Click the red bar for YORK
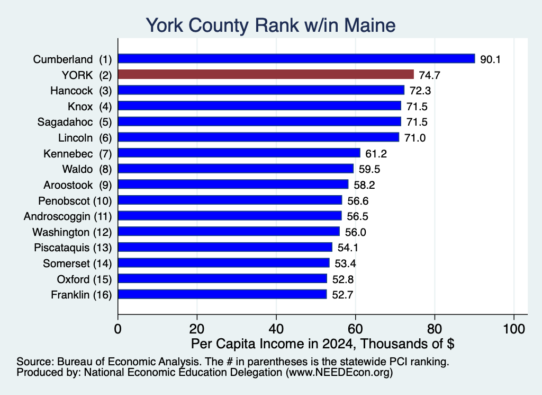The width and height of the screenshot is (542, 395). coord(266,74)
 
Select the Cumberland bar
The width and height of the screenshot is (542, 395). coord(296,59)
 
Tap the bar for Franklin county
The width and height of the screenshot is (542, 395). coord(222,294)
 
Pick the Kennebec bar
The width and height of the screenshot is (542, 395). coord(239,153)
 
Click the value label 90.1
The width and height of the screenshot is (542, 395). coord(490,59)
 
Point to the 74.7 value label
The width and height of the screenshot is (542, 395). coord(429,75)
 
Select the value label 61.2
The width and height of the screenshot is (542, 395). coord(376,154)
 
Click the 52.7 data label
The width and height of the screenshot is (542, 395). coord(342,295)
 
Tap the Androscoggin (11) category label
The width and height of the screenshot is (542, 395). coord(68,217)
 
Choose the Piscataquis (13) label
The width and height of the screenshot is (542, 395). coord(73,248)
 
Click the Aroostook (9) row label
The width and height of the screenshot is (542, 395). coord(78,185)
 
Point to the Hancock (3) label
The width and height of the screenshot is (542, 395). coord(81,91)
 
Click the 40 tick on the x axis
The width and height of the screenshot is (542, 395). coord(276,329)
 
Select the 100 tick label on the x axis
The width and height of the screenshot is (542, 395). coord(514,329)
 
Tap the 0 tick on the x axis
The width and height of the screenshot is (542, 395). coord(118,329)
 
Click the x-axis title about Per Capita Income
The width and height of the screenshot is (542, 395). coord(322,344)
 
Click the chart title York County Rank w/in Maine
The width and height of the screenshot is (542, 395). coord(270,25)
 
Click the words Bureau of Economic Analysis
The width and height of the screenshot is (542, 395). coord(128,362)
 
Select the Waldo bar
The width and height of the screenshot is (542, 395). coord(236,169)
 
